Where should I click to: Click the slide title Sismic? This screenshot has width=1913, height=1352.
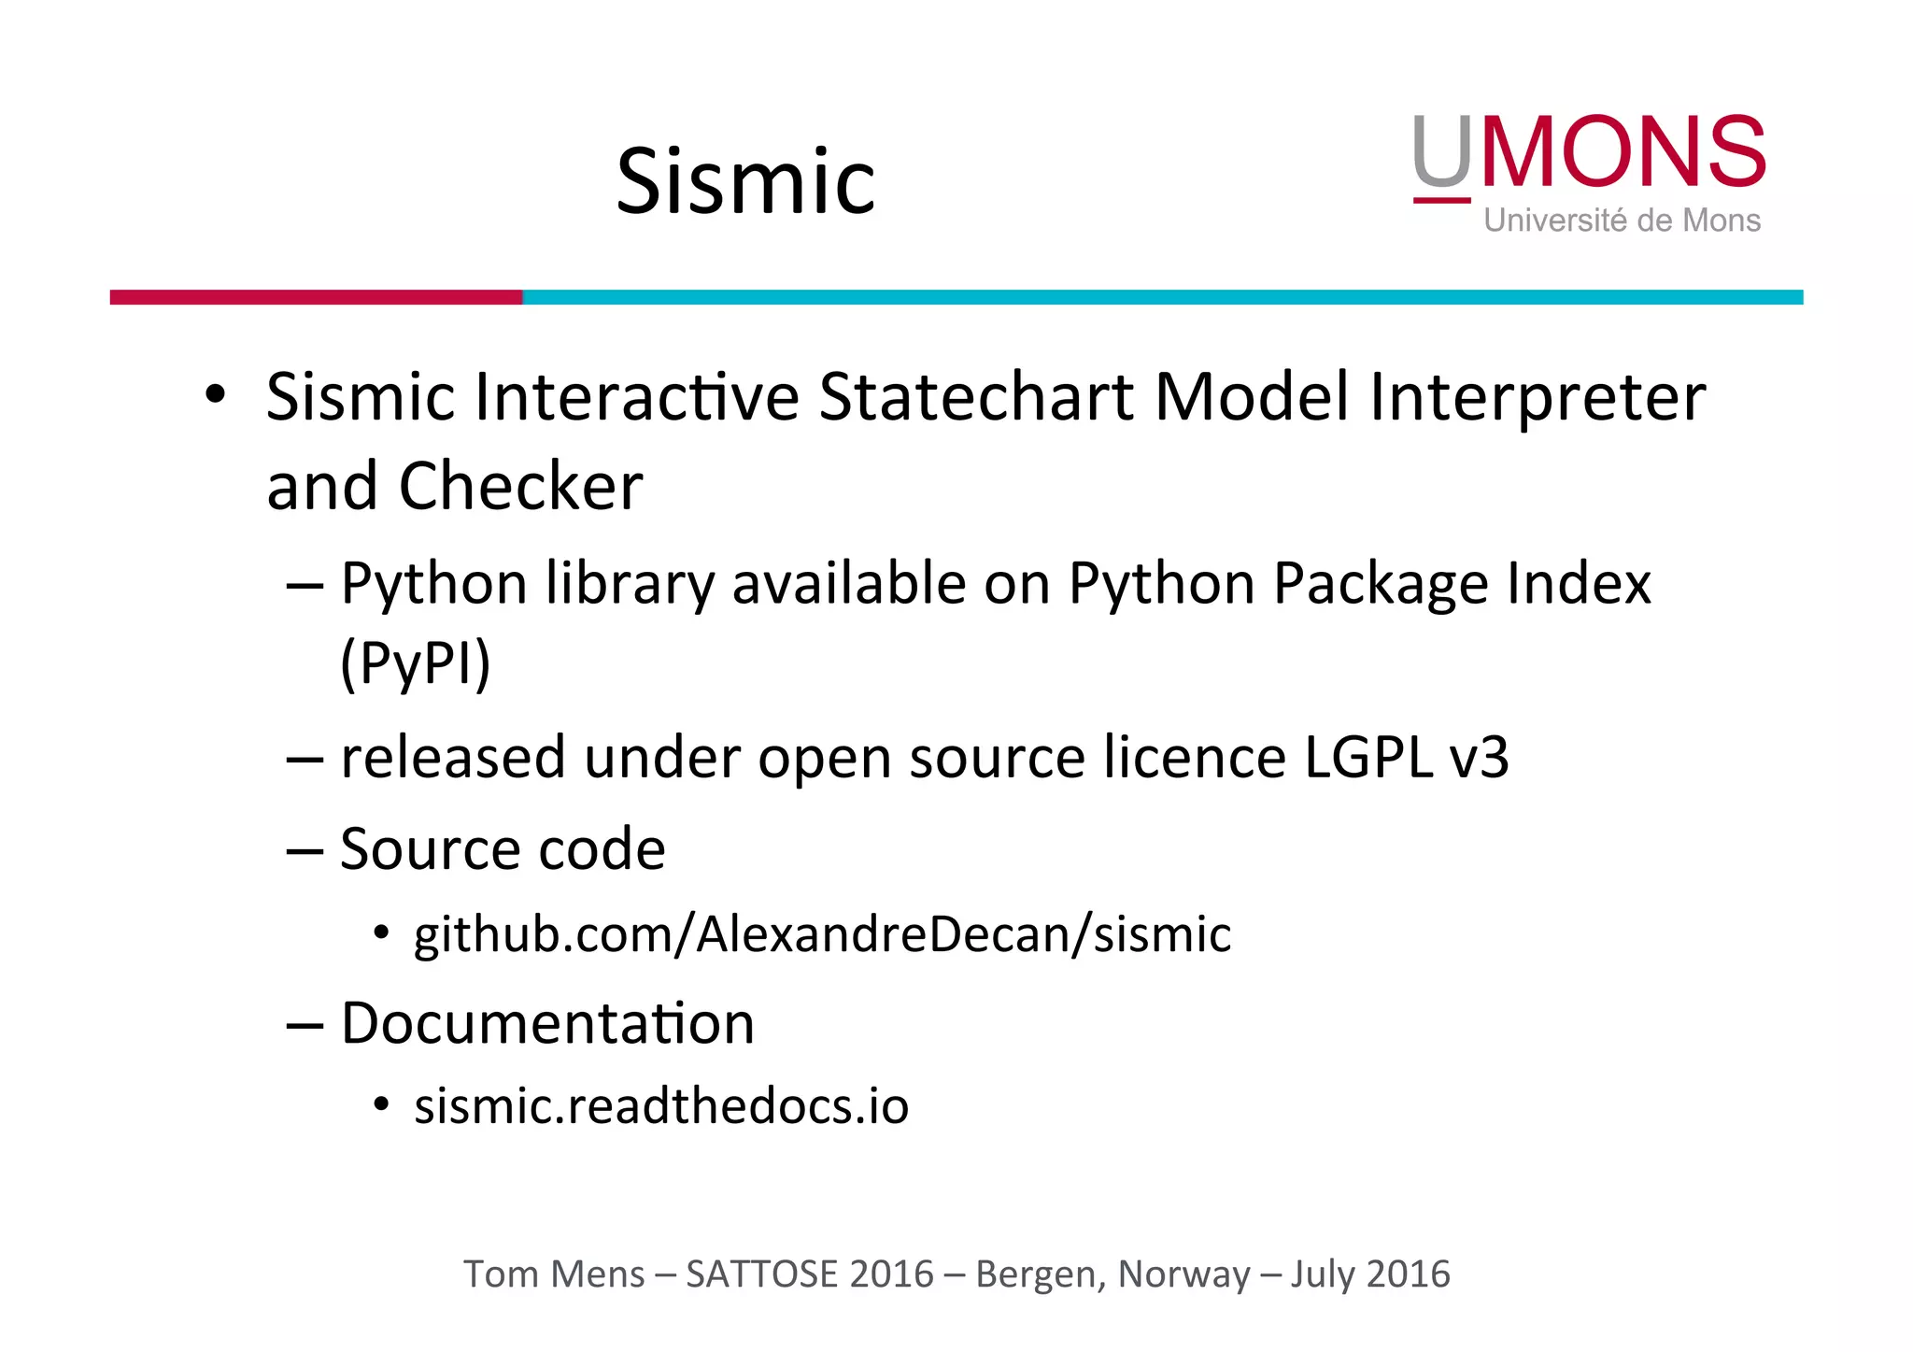[745, 181]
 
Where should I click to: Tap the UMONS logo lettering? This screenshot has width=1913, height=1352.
[1588, 151]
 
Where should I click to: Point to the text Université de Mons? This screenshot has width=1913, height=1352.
[1622, 221]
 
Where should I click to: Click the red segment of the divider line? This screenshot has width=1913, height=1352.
[316, 297]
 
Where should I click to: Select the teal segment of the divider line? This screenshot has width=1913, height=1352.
[1162, 297]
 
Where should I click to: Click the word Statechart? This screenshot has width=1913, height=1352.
[977, 397]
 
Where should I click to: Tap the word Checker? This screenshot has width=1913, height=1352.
[520, 487]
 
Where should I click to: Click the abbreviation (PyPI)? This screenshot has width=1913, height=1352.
[416, 663]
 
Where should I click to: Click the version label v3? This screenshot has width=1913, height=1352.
[1478, 759]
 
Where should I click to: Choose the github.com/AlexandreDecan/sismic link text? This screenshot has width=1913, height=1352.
[822, 934]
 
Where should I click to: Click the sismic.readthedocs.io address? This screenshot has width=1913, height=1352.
[661, 1106]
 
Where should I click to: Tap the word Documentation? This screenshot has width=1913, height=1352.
[547, 1023]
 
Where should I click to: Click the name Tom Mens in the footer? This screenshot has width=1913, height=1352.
[554, 1274]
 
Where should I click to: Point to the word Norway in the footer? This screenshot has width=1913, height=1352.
[1183, 1274]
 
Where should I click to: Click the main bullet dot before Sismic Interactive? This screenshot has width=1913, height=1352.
[216, 394]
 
